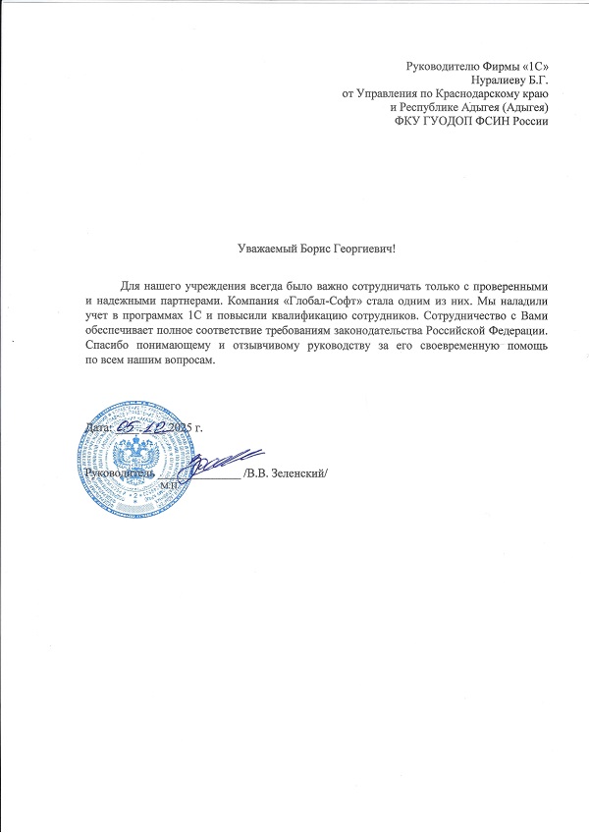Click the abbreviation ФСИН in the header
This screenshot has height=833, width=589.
494,122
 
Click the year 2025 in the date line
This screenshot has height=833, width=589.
181,428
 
